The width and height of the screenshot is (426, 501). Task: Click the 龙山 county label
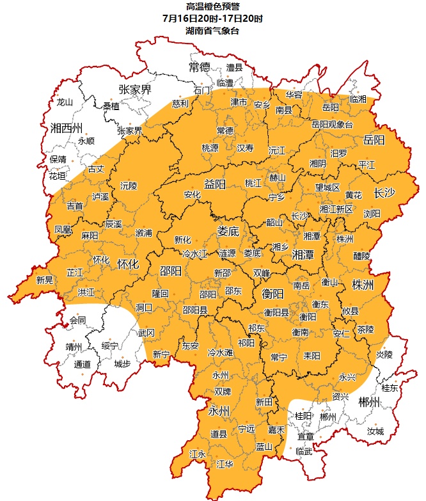65,102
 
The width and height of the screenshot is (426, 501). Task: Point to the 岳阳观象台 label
332,125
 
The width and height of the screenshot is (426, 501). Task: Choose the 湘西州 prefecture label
67,127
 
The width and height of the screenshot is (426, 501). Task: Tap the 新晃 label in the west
45,280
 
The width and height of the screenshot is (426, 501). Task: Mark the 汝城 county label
375,431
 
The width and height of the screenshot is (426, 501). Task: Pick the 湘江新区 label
336,209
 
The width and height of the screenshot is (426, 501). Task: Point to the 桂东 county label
390,388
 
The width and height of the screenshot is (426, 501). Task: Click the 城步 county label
122,364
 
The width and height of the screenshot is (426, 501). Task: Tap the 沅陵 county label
129,186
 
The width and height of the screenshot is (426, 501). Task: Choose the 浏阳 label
372,214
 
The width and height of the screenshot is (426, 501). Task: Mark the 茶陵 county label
366,330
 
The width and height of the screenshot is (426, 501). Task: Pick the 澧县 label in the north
235,67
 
